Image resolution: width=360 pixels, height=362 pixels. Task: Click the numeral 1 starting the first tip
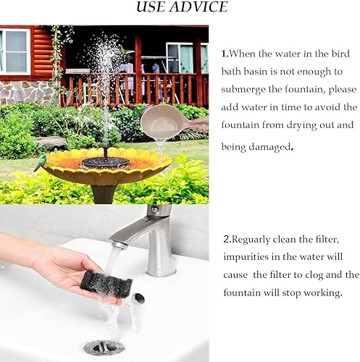[x=224, y=54]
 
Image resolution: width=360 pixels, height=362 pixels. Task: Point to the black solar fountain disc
[x=105, y=162]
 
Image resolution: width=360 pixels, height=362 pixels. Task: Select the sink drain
[x=104, y=347]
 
